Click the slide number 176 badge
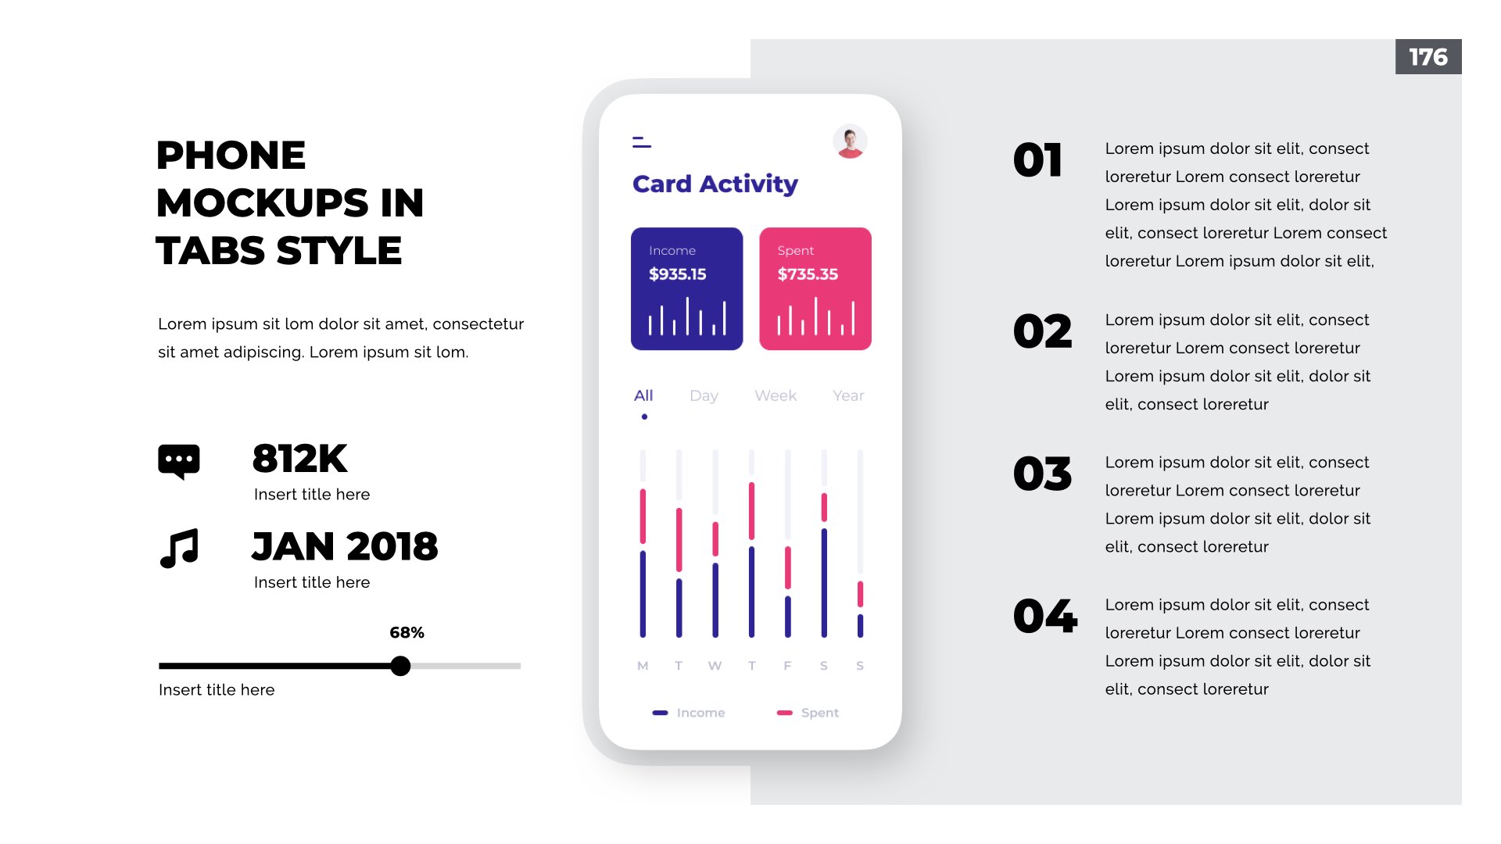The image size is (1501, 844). coord(1428,57)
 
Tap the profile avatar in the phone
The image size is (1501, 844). coord(850,141)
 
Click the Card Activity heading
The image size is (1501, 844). coord(715,184)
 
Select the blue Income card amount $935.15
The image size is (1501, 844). coord(677,274)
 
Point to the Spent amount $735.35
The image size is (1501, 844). coord(808,274)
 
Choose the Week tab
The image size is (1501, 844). coord(776,395)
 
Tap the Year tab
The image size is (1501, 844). coord(848,395)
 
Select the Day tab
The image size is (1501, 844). coord(704,396)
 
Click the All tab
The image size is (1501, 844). coord(643,395)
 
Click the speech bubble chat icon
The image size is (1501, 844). coord(179,461)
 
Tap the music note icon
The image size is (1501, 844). coord(179,548)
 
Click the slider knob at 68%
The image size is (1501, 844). coord(400,666)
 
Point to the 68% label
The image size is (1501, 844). coord(407,632)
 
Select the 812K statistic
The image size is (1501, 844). coord(299,459)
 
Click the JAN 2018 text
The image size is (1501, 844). coord(345,546)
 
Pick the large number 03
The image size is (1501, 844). coord(1042,474)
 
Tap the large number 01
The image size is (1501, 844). coord(1037,160)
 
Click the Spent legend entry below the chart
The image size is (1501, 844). coord(808,713)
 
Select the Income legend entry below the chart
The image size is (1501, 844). coord(689,713)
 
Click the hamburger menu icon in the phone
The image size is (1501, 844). coord(642,142)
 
